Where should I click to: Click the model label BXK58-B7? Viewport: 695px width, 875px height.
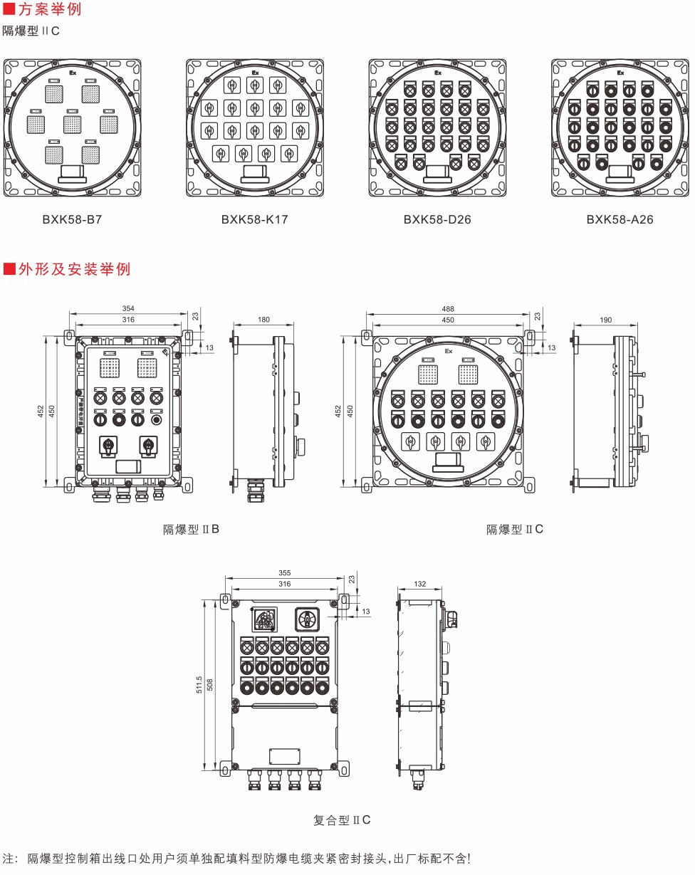tap(72, 219)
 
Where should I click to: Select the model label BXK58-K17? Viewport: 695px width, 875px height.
tap(254, 219)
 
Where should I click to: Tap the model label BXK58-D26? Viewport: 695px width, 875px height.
tap(437, 219)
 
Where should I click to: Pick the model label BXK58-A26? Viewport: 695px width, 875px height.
tap(620, 219)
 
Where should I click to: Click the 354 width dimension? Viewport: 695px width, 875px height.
tap(128, 308)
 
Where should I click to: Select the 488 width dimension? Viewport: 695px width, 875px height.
tap(448, 309)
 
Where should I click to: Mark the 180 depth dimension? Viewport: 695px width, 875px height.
tap(263, 320)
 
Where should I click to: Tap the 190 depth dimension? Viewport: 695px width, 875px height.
tap(606, 320)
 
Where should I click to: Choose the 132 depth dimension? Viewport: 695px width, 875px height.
tap(419, 584)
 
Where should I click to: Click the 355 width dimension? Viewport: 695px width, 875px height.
tap(284, 573)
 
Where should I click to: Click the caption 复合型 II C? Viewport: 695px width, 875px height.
tap(342, 820)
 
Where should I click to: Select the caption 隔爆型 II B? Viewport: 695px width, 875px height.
tap(191, 529)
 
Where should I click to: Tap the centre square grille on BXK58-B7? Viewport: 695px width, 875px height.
tap(72, 125)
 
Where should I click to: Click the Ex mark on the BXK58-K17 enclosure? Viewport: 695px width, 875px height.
tap(255, 73)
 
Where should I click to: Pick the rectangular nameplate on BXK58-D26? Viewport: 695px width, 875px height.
tap(437, 172)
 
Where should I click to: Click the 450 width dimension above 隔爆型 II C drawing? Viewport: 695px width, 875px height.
tap(448, 320)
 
